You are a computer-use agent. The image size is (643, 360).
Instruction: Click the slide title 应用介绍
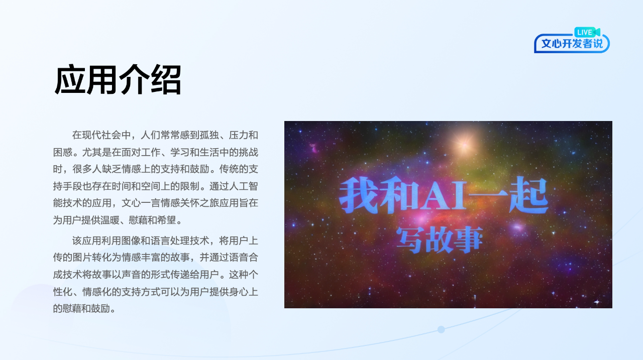coord(118,80)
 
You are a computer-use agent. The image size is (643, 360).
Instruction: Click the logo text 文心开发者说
coord(572,44)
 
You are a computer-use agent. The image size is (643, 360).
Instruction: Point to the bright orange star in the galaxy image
coord(464,145)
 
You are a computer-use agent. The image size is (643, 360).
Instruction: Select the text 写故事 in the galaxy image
coord(439,240)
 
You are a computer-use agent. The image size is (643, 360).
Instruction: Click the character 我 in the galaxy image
coord(359,195)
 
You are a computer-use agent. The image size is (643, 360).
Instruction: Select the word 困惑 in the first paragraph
coord(63,152)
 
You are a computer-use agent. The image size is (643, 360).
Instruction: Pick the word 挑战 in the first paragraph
coord(249,152)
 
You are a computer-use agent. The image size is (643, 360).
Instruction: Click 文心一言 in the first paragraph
coord(141,203)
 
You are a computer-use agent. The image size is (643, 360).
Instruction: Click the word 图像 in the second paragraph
coord(131,241)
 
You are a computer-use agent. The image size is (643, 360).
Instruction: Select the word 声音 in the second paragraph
coord(131,275)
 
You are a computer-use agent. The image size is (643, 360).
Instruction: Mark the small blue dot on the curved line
coord(441,329)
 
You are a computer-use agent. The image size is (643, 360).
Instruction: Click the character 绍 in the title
coord(166,80)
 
